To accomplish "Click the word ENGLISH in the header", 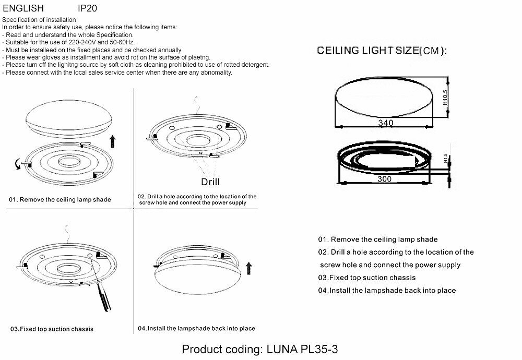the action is [x=23, y=9].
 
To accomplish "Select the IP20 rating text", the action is [x=87, y=9].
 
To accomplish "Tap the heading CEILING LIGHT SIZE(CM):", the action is [x=382, y=51].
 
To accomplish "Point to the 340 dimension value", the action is [x=385, y=123].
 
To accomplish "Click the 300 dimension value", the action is [x=384, y=178].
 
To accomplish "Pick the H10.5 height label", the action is [x=445, y=98].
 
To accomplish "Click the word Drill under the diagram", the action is [x=210, y=182].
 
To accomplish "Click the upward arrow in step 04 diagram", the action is [x=249, y=268].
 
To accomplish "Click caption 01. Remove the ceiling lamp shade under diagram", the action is [x=60, y=200].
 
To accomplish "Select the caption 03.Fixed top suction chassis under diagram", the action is [x=52, y=329].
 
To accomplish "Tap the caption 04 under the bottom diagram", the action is [x=196, y=329].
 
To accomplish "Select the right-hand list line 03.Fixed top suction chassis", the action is [x=367, y=278].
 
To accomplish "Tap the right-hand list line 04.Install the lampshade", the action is [x=387, y=290].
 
